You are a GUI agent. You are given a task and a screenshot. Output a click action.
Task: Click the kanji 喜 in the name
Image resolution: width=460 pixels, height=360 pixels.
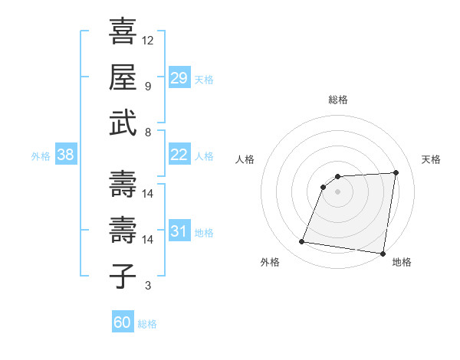[123, 31]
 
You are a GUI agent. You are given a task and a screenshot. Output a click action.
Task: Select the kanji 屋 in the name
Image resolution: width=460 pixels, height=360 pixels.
[123, 77]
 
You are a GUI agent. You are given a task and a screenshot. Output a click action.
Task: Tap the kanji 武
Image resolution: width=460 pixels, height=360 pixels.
[123, 123]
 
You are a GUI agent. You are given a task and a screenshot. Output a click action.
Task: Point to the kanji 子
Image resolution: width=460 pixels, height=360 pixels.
[123, 277]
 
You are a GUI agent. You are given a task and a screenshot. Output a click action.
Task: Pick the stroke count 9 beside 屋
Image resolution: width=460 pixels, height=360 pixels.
[148, 86]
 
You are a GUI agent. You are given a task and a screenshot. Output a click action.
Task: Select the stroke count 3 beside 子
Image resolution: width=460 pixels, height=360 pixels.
[148, 286]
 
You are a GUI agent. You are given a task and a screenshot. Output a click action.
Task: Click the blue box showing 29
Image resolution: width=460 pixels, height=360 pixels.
[179, 78]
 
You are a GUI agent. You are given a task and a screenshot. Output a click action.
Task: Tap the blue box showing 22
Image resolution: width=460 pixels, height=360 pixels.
[179, 155]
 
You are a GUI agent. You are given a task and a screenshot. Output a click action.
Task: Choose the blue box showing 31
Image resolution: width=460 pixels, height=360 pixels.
[179, 231]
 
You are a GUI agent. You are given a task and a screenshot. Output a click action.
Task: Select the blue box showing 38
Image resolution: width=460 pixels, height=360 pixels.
[65, 155]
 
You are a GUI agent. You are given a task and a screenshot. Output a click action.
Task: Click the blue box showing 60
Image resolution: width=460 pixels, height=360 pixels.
[122, 322]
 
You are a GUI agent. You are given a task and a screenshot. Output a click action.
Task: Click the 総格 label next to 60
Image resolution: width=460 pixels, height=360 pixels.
[147, 324]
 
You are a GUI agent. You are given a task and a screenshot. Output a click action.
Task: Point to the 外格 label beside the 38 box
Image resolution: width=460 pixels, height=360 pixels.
[41, 156]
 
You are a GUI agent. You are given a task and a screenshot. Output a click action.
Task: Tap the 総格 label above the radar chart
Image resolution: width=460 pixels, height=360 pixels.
[338, 100]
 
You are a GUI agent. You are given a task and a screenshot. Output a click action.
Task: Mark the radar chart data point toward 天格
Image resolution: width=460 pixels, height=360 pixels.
[396, 172]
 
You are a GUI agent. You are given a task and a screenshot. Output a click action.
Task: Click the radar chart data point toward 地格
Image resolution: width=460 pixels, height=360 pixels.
[382, 254]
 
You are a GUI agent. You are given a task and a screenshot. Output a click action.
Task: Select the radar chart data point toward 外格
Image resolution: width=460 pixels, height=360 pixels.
[302, 242]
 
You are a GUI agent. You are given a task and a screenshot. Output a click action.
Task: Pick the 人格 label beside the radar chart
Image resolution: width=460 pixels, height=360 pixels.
[245, 159]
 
